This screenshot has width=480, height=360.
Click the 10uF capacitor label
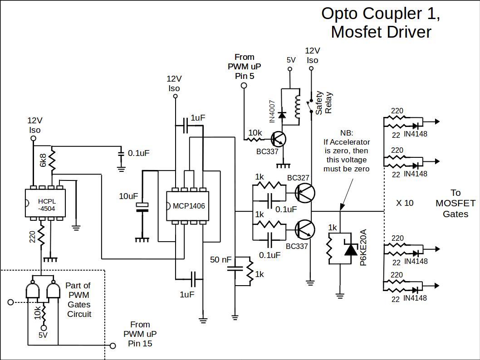(128, 196)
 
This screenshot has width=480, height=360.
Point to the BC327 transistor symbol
(304, 193)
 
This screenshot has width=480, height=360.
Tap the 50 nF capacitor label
(221, 260)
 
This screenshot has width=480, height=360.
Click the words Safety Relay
(324, 103)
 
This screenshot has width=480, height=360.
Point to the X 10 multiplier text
(405, 203)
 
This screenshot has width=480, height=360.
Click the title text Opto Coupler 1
(381, 14)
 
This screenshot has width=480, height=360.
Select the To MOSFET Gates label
(455, 203)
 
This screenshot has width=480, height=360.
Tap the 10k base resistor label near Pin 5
(255, 132)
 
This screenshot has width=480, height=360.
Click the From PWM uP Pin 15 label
(140, 334)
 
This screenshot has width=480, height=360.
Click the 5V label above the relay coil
(291, 60)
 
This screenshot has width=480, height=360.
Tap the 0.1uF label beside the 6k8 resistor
(138, 153)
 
